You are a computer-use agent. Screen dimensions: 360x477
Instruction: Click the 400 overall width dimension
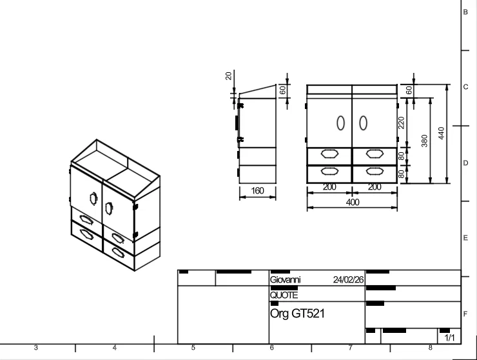coord(352,203)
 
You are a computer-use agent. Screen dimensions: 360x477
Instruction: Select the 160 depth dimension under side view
coord(258,192)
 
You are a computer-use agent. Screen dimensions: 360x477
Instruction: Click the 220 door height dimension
coord(401,123)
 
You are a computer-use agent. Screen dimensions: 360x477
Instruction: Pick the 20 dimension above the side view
coord(228,75)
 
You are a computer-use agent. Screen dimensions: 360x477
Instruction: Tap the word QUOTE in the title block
coord(284,295)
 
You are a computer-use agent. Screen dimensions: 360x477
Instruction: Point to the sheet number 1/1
coord(449,338)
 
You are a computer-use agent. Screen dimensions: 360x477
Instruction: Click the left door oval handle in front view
coord(341,122)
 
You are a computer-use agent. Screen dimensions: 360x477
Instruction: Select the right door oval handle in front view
coord(363,122)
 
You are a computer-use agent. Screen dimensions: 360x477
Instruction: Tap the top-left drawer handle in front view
coord(329,154)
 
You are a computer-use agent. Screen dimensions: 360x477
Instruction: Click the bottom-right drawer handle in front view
coord(374,171)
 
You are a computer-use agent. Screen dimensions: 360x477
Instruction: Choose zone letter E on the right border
coord(465,239)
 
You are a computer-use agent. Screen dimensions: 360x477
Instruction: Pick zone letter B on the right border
coord(465,12)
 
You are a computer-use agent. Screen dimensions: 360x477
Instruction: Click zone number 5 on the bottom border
coord(193,348)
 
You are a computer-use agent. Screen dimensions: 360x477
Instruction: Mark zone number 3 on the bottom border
coord(35,348)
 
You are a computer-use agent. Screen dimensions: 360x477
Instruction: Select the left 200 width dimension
coord(329,187)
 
